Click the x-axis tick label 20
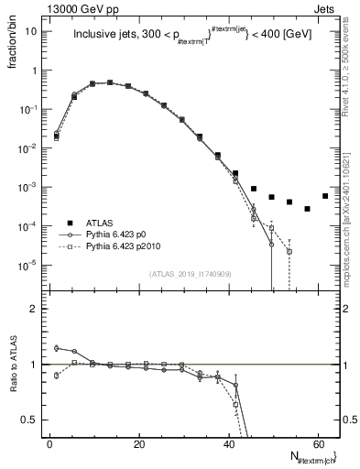coord(138,442)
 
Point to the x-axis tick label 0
coord(49,442)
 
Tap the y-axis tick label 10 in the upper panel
coord(30,31)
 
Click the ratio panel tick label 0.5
coord(29,420)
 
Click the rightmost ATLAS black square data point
coord(325,196)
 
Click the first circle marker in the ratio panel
coord(57,348)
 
